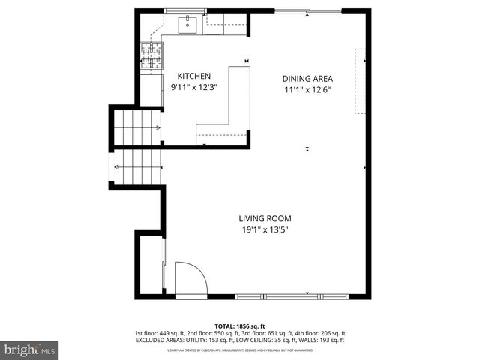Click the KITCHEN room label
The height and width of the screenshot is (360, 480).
193,76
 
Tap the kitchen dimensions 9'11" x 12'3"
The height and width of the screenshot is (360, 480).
193,88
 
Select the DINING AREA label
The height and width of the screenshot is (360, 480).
307,79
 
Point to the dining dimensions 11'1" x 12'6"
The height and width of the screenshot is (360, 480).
307,90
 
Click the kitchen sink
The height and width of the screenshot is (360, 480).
187,25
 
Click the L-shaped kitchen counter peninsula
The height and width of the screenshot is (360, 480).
238,105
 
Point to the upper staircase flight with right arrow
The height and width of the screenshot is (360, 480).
136,127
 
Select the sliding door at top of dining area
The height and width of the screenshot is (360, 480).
307,11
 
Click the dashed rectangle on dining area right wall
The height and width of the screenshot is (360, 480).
361,81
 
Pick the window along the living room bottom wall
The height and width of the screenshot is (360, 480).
307,293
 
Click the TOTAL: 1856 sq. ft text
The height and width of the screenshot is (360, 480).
240,326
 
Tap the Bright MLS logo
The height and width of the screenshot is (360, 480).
30,349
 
